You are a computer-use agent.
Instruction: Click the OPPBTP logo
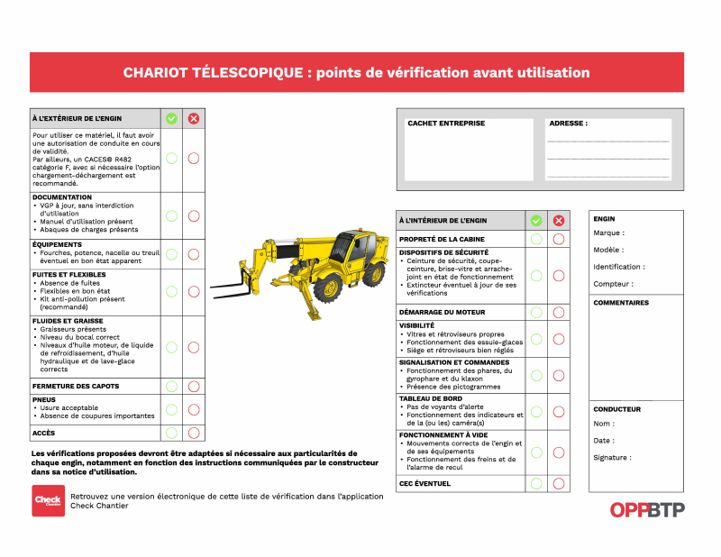[x=647, y=509]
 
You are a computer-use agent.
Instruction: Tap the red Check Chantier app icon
[x=48, y=500]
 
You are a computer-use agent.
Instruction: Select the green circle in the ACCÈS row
[x=171, y=433]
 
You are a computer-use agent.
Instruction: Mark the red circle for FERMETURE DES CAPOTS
[x=193, y=386]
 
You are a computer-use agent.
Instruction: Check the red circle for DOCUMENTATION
[x=193, y=215]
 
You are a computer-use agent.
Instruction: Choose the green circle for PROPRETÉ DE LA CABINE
[x=536, y=239]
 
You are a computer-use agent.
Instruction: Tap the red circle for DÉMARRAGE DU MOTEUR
[x=559, y=312]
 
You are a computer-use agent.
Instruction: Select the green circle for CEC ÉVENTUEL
[x=536, y=483]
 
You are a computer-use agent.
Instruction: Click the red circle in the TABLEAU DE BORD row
[x=559, y=411]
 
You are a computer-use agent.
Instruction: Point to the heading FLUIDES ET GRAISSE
[x=68, y=321]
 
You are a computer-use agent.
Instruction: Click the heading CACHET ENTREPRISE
[x=446, y=123]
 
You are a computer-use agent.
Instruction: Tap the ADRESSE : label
[x=568, y=123]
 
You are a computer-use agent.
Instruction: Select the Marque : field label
[x=608, y=233]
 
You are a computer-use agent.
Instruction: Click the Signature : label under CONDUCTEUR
[x=612, y=458]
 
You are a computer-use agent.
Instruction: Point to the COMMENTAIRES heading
[x=621, y=303]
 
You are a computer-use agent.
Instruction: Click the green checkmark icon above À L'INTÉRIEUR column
[x=536, y=220]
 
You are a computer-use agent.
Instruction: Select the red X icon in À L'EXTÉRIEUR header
[x=193, y=118]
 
